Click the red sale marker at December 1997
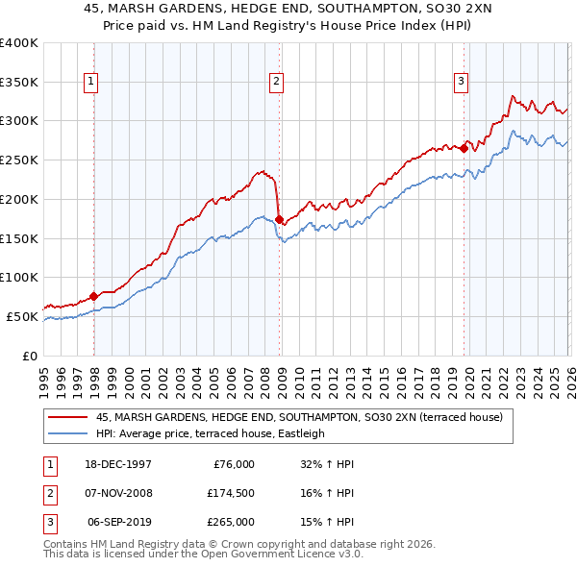click(x=93, y=296)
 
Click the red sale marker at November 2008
click(x=279, y=219)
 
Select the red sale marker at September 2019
click(x=464, y=148)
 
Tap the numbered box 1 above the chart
click(x=91, y=82)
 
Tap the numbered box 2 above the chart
click(x=276, y=82)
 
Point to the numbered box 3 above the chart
click(x=461, y=82)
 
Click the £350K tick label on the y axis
click(x=19, y=82)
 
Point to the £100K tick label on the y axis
click(x=19, y=278)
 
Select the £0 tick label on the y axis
click(x=31, y=356)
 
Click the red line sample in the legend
click(x=67, y=417)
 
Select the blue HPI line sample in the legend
click(x=67, y=433)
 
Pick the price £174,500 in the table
click(x=232, y=493)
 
